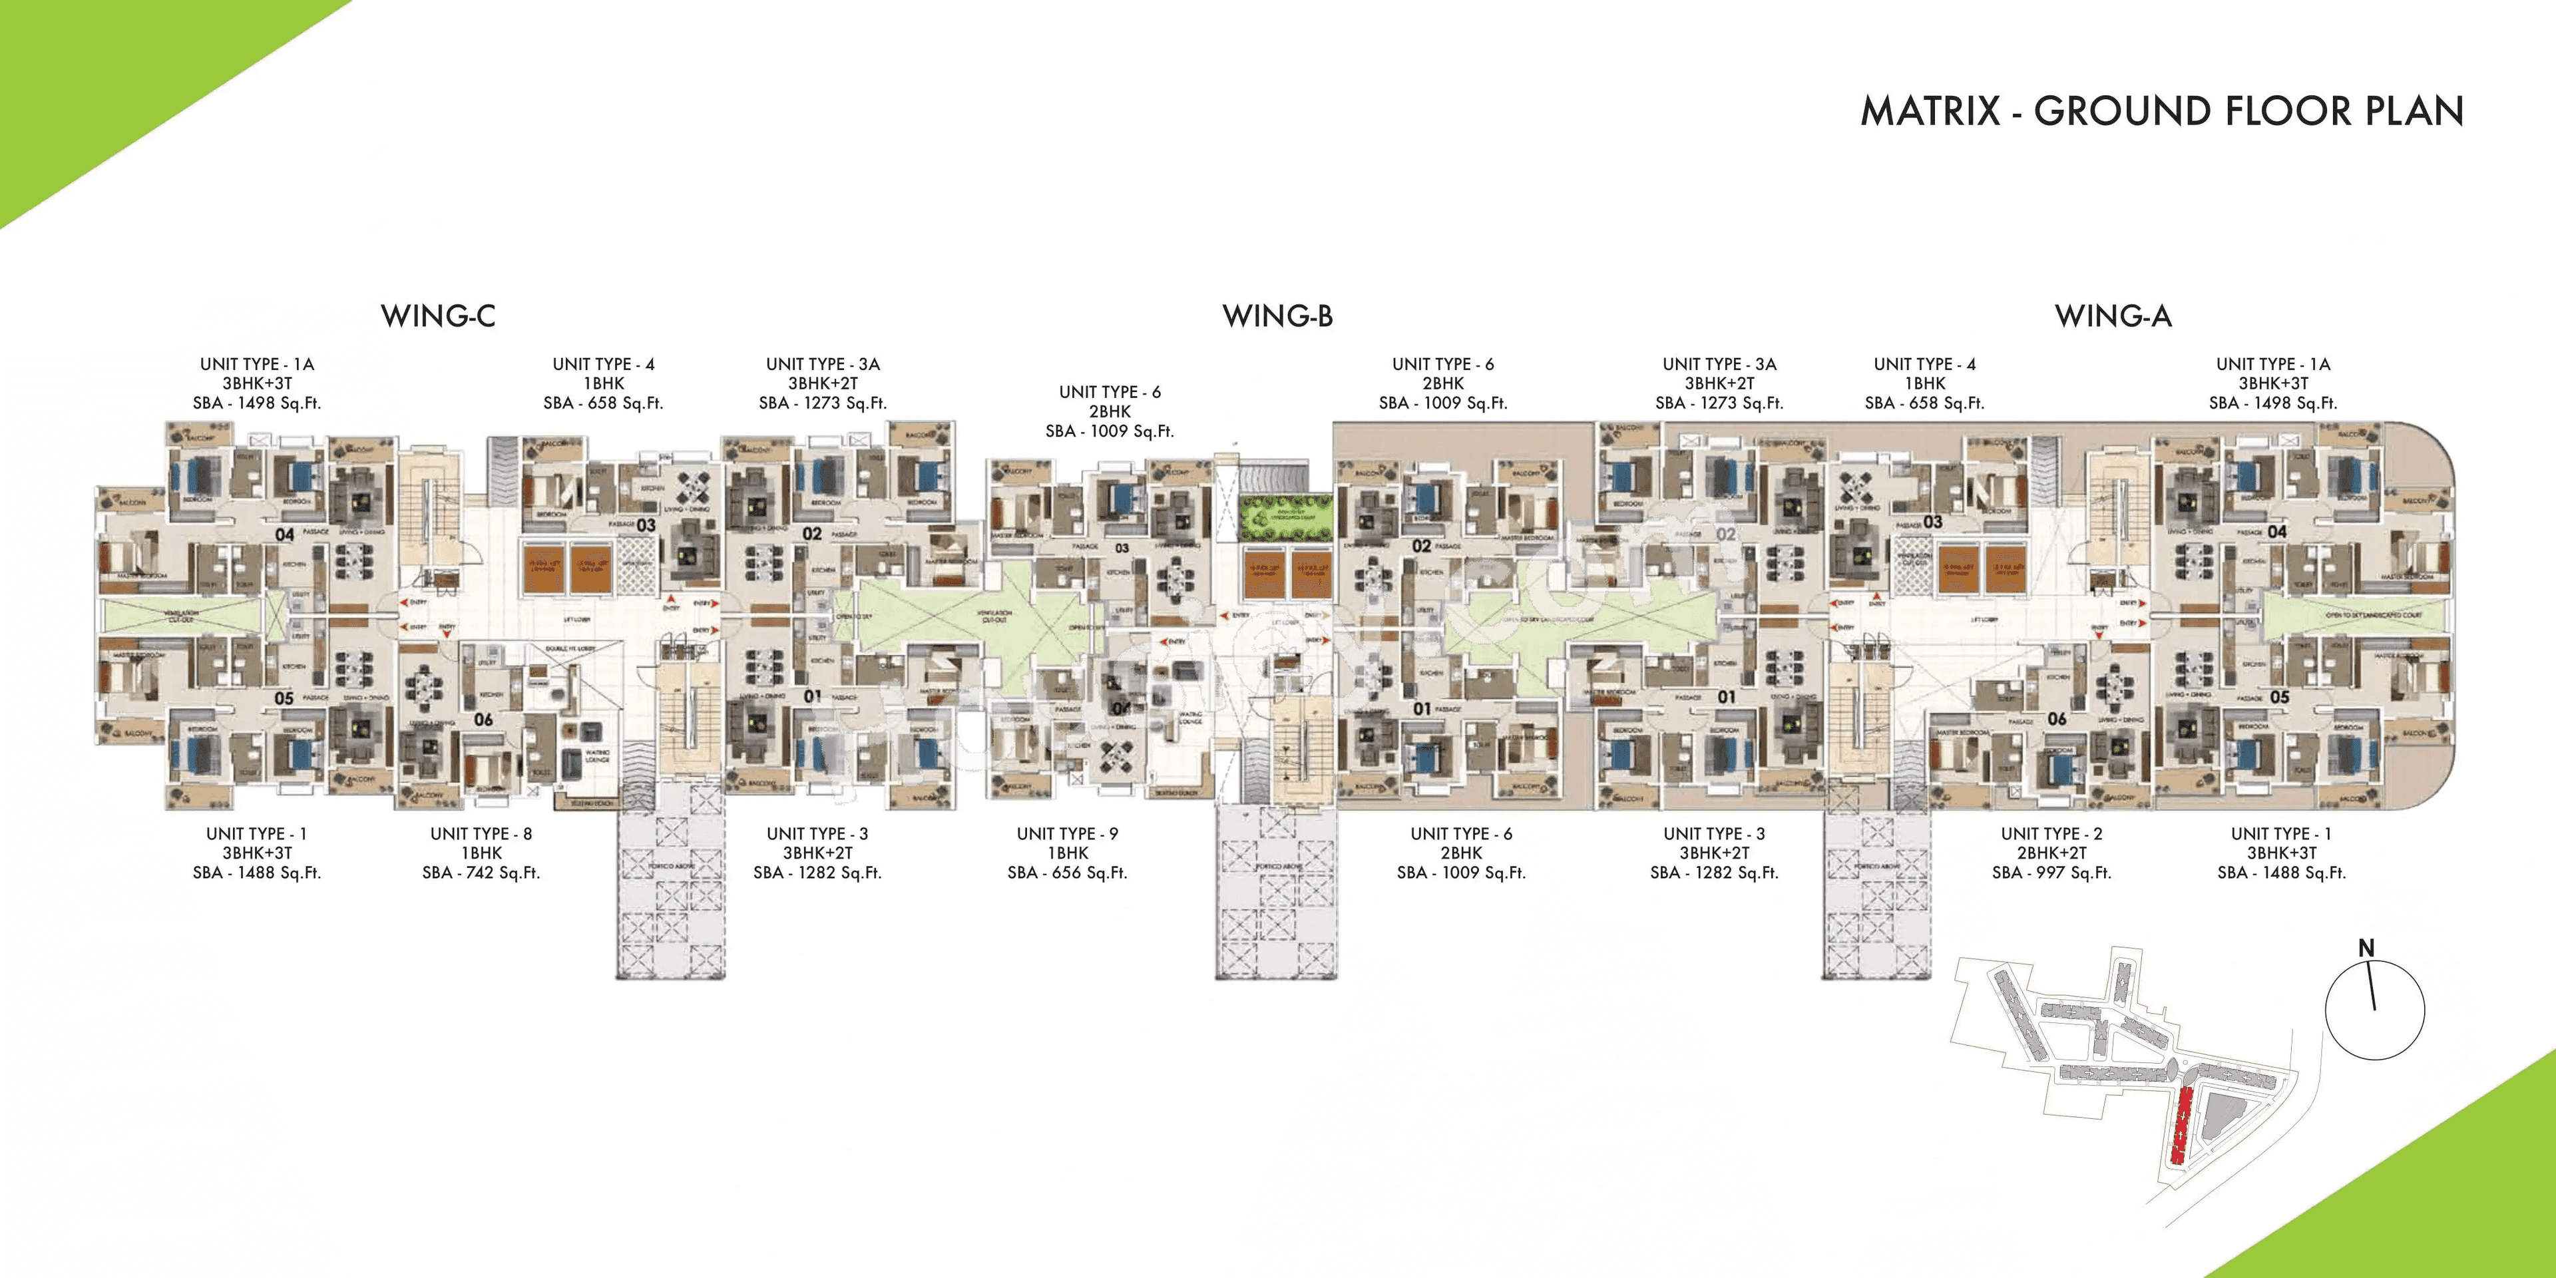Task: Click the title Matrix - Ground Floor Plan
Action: [x=2161, y=111]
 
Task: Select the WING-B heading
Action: [x=1277, y=317]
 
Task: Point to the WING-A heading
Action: [x=2113, y=317]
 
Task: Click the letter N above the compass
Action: [x=2366, y=949]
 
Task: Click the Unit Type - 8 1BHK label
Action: [x=481, y=843]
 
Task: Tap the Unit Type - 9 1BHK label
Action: [x=1068, y=843]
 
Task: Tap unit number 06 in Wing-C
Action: [x=483, y=720]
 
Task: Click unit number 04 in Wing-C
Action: [x=285, y=534]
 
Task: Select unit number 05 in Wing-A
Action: [x=2279, y=698]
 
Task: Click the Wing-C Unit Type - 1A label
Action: [x=257, y=364]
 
